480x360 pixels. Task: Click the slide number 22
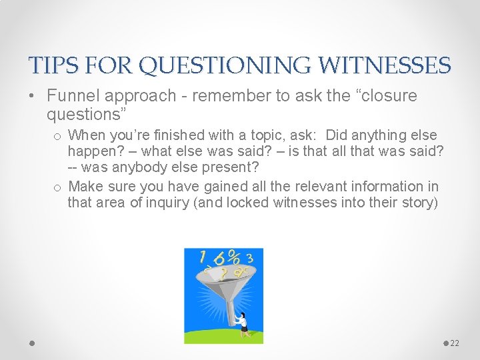455,343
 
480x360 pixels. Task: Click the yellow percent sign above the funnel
234,257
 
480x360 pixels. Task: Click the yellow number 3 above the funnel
249,259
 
